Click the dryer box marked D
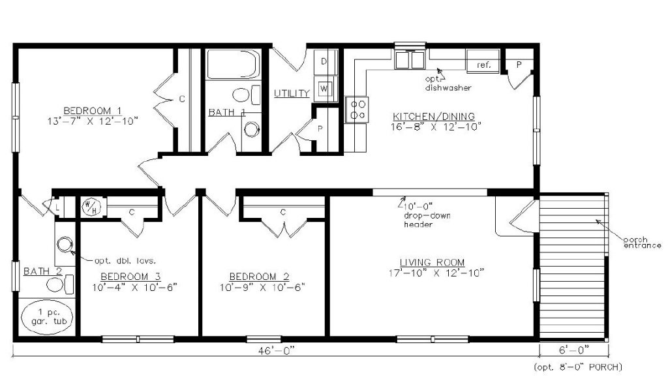point(325,62)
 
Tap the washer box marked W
point(325,88)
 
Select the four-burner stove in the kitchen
point(357,108)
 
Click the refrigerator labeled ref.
point(483,64)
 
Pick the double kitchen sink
point(410,60)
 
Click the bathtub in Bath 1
point(233,64)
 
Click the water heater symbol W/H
point(89,207)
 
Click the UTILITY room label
point(291,93)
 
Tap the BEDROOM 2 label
point(259,276)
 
